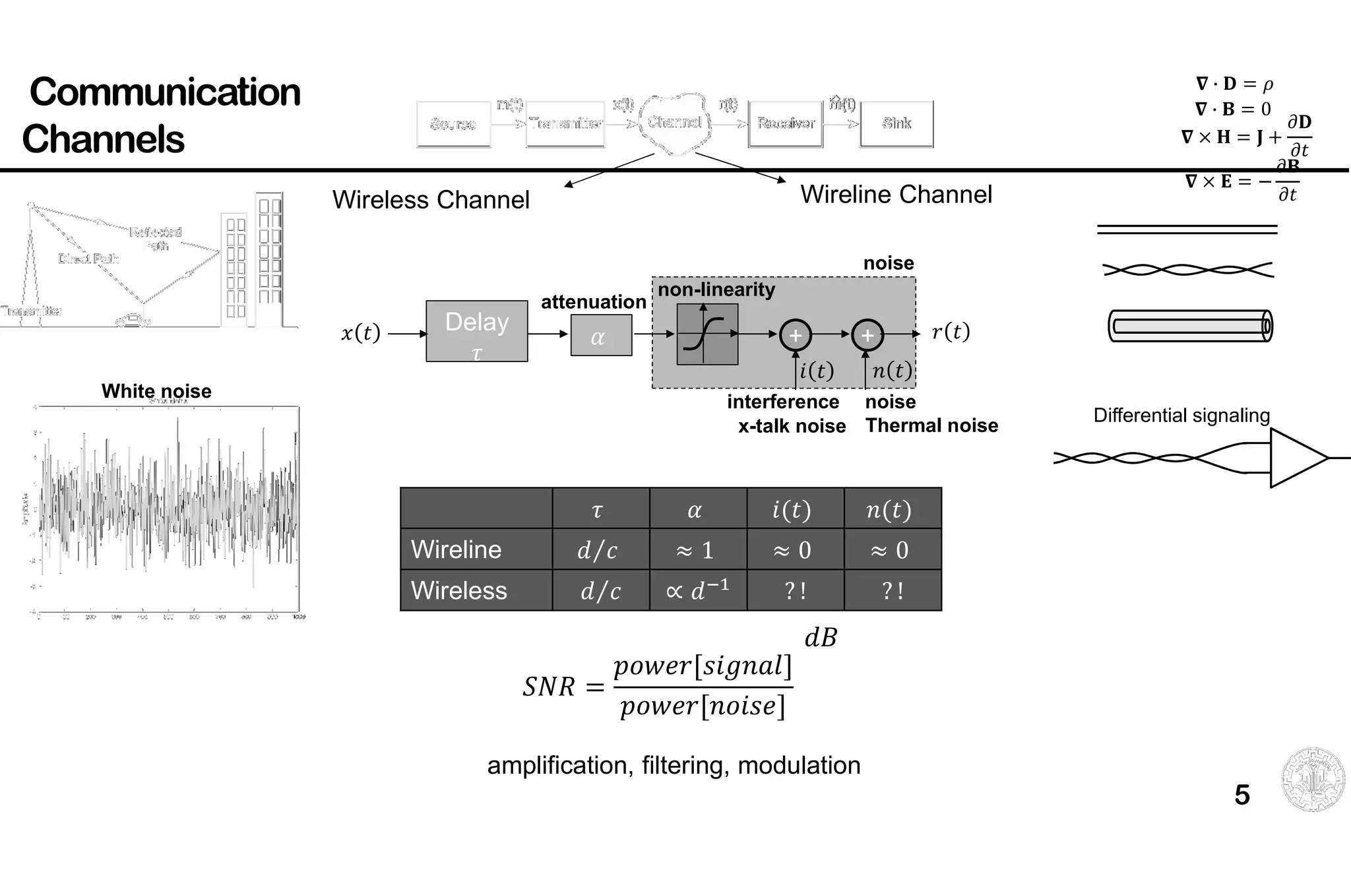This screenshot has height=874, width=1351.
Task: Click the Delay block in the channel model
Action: pos(476,330)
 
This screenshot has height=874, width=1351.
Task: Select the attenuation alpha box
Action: pos(600,335)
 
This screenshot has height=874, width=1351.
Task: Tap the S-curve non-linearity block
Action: pos(707,334)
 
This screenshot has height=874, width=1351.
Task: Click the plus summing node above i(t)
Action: pos(795,335)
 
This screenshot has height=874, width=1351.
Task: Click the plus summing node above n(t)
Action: pos(867,335)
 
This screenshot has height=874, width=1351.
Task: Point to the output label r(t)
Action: pos(950,331)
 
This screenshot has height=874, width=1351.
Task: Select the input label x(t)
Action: pos(360,332)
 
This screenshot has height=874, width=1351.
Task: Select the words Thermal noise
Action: pos(931,425)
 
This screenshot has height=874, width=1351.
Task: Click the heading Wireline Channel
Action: pos(895,195)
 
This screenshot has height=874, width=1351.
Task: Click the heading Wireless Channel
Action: pos(430,200)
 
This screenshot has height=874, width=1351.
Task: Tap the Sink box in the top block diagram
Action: pos(896,123)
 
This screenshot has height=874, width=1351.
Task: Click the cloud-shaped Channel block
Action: pos(675,123)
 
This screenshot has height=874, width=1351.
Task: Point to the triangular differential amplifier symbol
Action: pos(1294,458)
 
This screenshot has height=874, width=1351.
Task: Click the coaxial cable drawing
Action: pos(1189,326)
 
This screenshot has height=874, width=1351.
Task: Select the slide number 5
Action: pos(1241,795)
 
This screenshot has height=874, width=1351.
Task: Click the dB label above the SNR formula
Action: pos(820,638)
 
